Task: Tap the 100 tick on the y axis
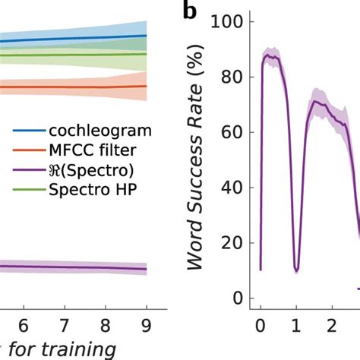[x=232, y=23]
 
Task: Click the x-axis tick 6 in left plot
[x=24, y=321]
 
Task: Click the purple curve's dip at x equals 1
[x=296, y=269]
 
